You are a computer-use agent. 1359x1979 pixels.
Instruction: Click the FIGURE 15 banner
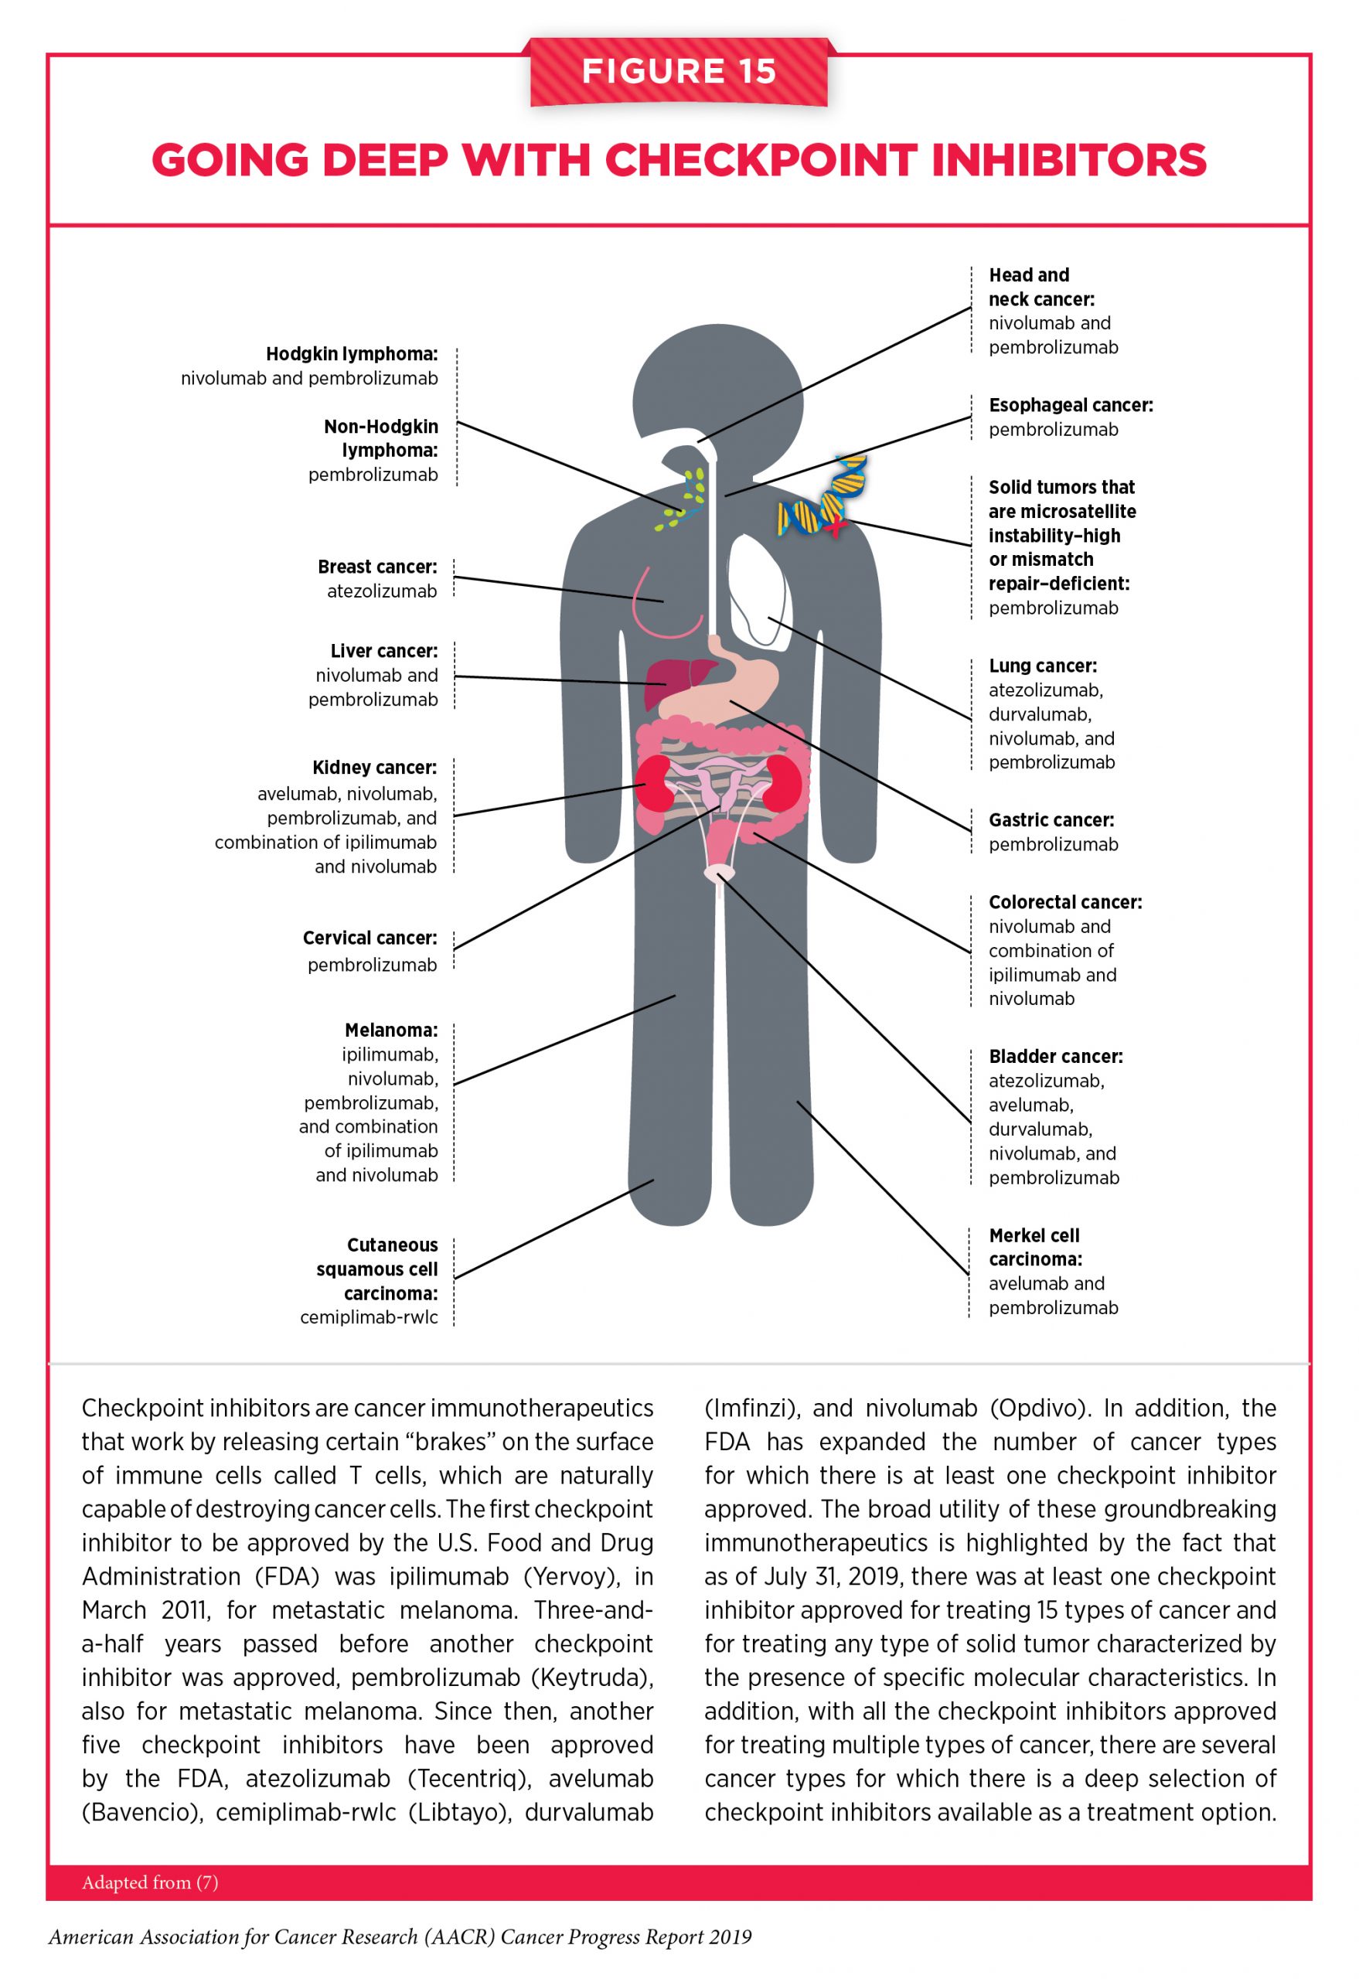(679, 72)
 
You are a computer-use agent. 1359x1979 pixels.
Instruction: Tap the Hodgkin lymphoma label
(352, 354)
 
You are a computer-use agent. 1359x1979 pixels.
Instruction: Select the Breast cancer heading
(377, 567)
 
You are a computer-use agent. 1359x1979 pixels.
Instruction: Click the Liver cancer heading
(384, 652)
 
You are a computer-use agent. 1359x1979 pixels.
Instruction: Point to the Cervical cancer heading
(370, 938)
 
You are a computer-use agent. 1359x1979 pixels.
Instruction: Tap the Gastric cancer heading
(1051, 820)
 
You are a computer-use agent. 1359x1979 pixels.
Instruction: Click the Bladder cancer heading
(1055, 1057)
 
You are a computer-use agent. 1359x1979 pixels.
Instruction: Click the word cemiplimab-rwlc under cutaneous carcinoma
(369, 1317)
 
